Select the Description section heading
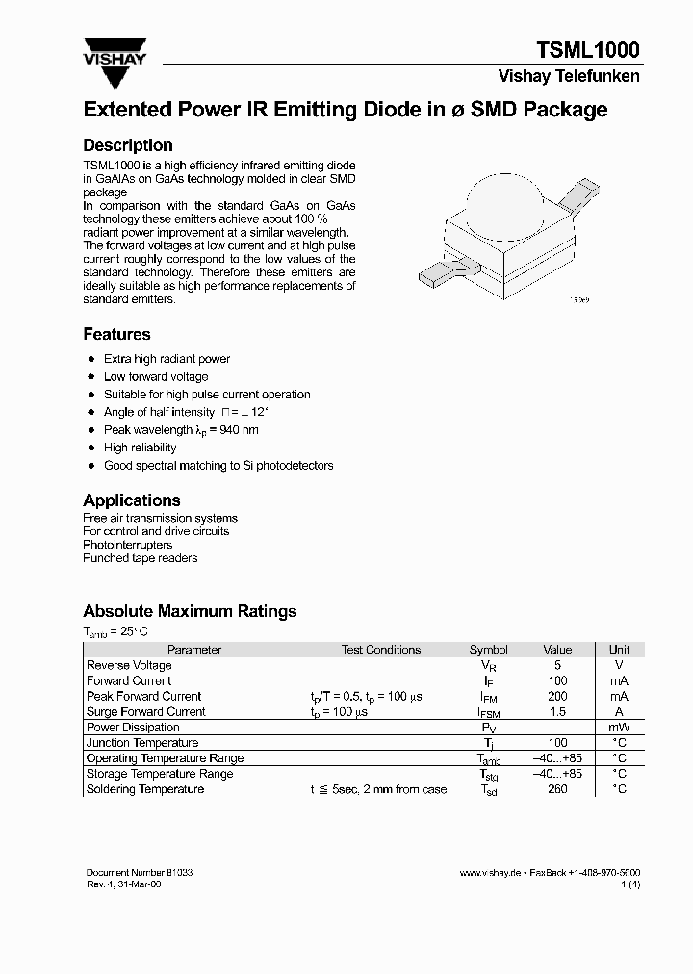[128, 145]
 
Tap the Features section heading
[116, 334]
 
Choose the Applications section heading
[132, 500]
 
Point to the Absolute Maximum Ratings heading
[190, 611]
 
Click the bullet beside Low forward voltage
[90, 377]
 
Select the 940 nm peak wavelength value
[239, 430]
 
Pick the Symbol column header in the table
[488, 650]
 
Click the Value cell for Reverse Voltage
[557, 665]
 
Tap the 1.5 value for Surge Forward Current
[557, 711]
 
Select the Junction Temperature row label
[142, 743]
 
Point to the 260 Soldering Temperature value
[557, 789]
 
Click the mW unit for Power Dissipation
[619, 728]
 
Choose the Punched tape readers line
[141, 558]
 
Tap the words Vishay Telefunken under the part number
[569, 77]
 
